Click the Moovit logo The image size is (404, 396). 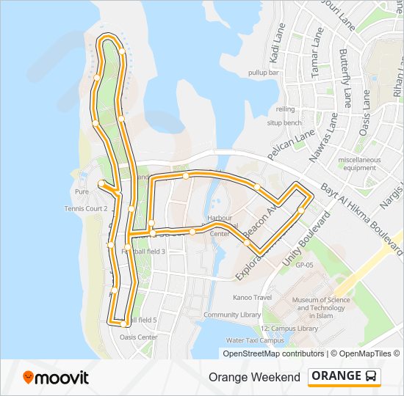(56, 378)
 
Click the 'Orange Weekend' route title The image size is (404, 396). (254, 377)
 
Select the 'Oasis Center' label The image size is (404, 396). (138, 337)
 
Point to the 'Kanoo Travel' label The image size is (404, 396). (253, 298)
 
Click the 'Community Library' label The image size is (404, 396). (232, 315)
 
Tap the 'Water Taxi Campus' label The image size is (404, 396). (255, 340)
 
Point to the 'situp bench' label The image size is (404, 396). (284, 122)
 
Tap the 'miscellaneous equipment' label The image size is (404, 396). (359, 164)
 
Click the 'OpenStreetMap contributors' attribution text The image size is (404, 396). (273, 353)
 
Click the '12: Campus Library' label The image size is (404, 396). (289, 329)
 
